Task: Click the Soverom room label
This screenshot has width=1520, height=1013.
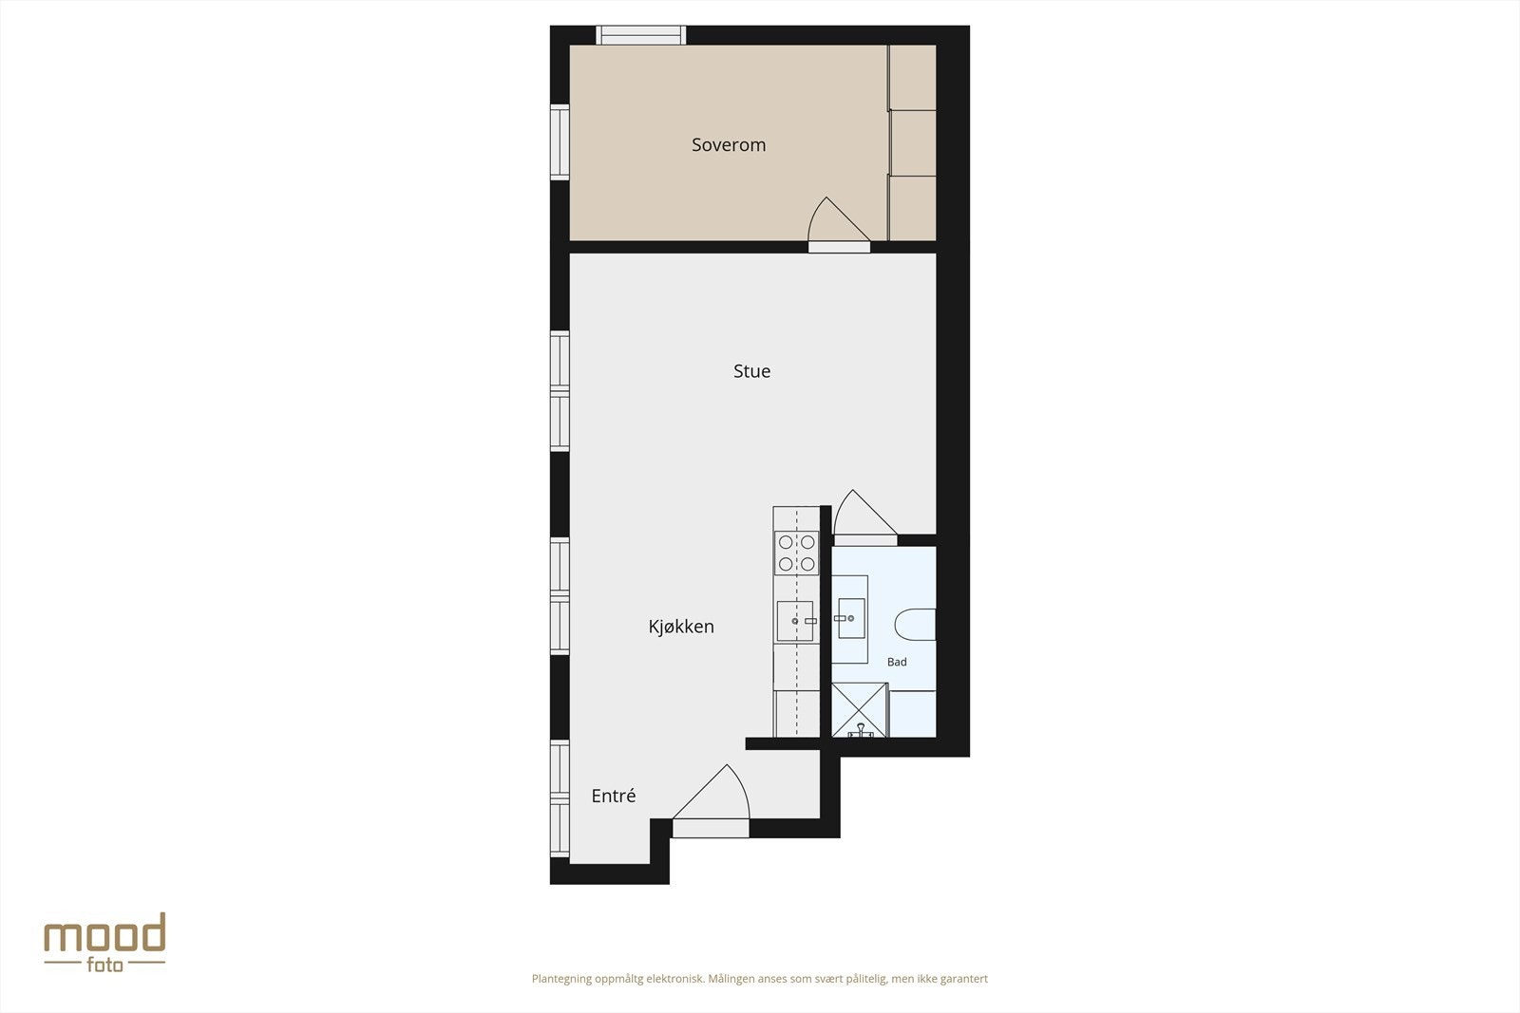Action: [728, 145]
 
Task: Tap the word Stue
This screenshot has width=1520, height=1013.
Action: [751, 371]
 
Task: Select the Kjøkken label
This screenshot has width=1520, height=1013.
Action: [681, 627]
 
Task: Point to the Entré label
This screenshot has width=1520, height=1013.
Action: [613, 797]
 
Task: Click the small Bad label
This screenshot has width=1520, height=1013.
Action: [897, 662]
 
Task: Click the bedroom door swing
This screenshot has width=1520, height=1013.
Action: [833, 224]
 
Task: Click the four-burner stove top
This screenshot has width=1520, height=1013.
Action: [796, 553]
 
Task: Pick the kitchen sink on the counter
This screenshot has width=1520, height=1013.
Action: [795, 621]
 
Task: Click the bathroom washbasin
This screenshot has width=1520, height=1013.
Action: [850, 619]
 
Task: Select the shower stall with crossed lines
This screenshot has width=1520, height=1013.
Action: [859, 710]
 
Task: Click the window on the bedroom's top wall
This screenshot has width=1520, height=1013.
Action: [640, 35]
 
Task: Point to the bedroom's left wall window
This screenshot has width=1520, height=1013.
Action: [560, 141]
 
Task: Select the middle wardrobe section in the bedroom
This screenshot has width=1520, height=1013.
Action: [913, 142]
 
